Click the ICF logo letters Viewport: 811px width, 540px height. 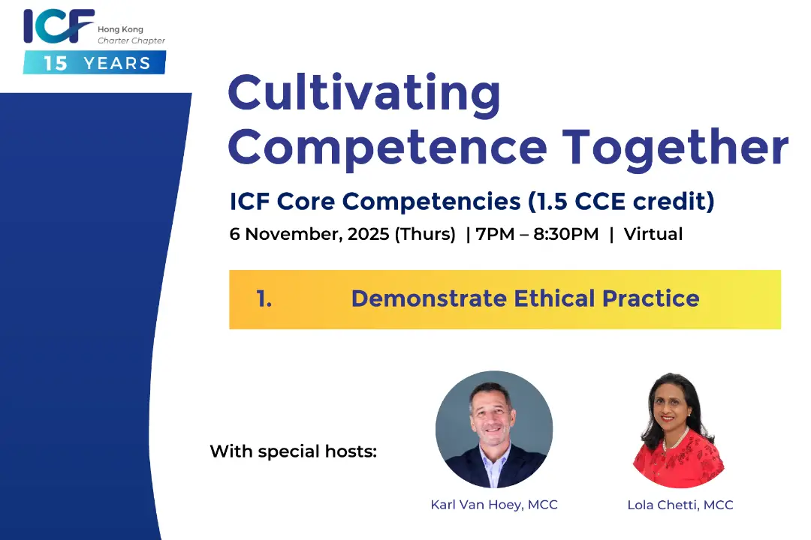[x=59, y=25]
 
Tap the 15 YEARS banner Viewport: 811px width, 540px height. [x=94, y=62]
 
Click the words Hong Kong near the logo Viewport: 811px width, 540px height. [x=120, y=29]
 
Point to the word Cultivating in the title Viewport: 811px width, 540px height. [x=364, y=94]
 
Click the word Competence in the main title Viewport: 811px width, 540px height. [x=387, y=148]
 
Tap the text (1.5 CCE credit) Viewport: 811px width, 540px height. [x=621, y=201]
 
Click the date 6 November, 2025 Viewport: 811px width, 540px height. [x=309, y=234]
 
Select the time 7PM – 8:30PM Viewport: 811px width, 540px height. [x=538, y=234]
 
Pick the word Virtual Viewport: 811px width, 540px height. [x=653, y=234]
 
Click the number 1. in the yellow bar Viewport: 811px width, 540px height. [x=264, y=298]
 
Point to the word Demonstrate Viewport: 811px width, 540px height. [x=430, y=298]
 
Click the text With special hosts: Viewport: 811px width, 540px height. [x=294, y=451]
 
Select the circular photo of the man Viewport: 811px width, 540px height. [x=494, y=430]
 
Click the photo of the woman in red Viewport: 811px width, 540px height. [x=679, y=430]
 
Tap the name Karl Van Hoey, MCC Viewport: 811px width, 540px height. [x=494, y=505]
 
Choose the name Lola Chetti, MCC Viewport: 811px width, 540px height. [x=680, y=505]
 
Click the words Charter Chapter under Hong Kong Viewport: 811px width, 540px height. [x=131, y=40]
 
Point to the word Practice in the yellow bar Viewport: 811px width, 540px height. [x=650, y=298]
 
